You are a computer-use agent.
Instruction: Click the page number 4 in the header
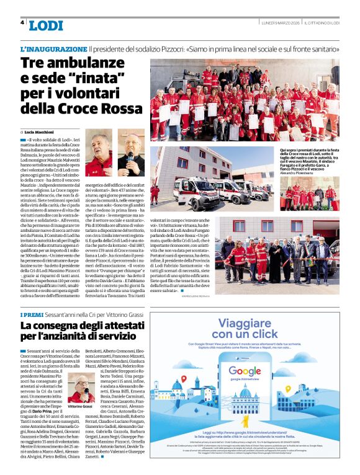pos(22,22)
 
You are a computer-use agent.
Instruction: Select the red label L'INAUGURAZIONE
pos(53,48)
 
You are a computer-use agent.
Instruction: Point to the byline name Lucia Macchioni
pos(38,133)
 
